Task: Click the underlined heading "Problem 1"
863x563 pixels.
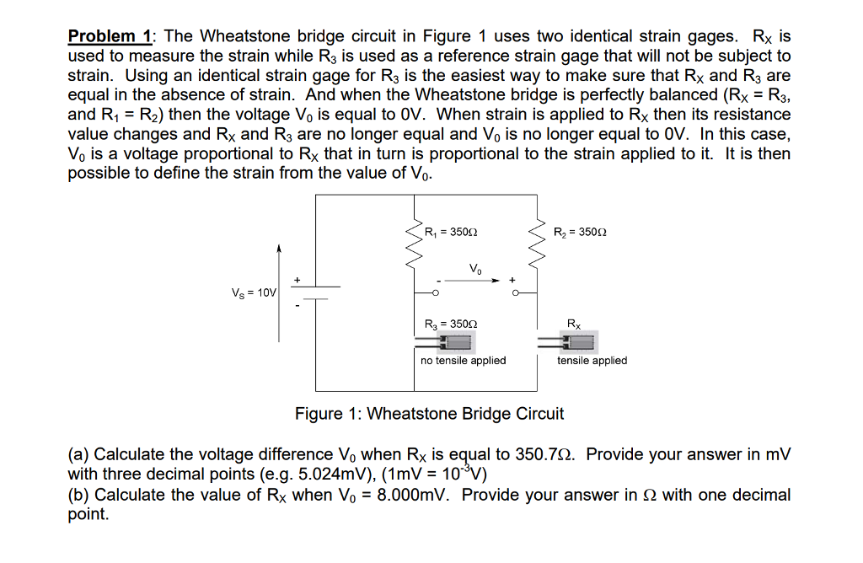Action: (109, 36)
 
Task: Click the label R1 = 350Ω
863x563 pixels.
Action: (453, 232)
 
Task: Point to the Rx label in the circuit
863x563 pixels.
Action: (574, 324)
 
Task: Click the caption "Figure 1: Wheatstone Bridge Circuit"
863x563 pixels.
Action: (429, 414)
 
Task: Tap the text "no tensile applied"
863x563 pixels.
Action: (463, 361)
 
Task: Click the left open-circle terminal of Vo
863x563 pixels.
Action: (435, 292)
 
